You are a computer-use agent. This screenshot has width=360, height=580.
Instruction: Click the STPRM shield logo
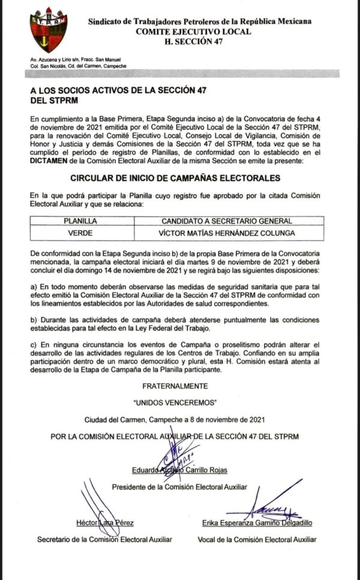49,29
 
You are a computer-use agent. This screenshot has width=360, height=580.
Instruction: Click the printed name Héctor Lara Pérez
104,523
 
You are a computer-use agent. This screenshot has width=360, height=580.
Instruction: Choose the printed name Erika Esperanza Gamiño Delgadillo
257,523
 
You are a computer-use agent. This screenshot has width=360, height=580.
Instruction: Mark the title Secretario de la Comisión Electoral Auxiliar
104,539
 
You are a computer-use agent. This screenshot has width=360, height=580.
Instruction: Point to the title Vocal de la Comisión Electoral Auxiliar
257,539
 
